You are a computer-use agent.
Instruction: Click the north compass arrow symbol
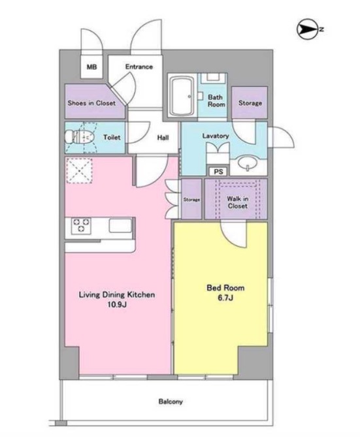click(x=307, y=29)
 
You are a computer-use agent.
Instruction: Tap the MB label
click(x=91, y=67)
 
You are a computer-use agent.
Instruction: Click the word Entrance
click(x=139, y=67)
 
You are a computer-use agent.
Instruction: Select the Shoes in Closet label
click(x=91, y=103)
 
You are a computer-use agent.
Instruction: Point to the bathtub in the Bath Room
click(x=182, y=96)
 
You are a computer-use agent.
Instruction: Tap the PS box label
click(x=219, y=172)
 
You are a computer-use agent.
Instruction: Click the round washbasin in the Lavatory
click(x=248, y=163)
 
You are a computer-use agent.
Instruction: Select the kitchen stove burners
click(x=81, y=225)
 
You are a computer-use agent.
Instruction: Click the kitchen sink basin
click(x=120, y=225)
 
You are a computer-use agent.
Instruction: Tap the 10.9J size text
click(x=117, y=304)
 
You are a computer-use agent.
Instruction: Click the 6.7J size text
click(x=225, y=298)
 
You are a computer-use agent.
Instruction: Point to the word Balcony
click(x=171, y=402)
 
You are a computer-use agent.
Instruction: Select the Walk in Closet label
click(x=238, y=202)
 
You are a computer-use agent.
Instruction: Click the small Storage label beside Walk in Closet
click(x=191, y=200)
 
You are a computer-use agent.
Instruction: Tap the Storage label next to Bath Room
click(x=250, y=103)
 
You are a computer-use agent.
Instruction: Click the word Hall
click(x=163, y=138)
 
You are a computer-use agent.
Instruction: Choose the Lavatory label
click(x=216, y=136)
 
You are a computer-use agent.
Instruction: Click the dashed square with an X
click(x=79, y=171)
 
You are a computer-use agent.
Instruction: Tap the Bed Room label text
click(x=225, y=288)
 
